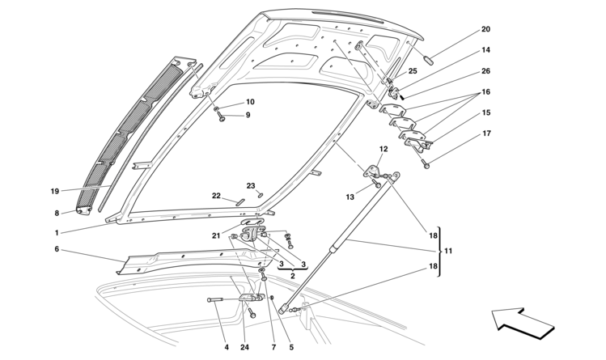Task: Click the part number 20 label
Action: click(x=485, y=30)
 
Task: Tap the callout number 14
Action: click(x=485, y=50)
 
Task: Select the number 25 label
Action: click(x=412, y=72)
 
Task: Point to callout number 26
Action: click(x=485, y=71)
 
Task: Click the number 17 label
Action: click(x=485, y=133)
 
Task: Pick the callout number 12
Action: click(x=384, y=149)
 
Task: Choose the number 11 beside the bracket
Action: click(x=448, y=252)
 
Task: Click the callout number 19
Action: click(x=55, y=192)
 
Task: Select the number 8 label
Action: click(x=57, y=214)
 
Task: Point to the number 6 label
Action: click(x=57, y=250)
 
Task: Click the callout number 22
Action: click(x=217, y=195)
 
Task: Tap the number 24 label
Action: click(x=246, y=347)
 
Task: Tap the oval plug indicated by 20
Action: click(x=433, y=59)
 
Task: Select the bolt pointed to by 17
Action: click(x=426, y=164)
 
